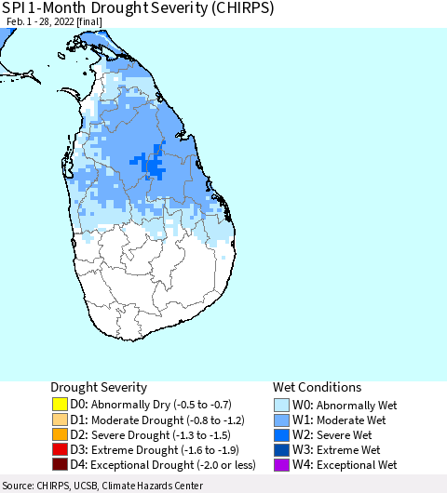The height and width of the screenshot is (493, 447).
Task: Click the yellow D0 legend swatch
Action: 59,405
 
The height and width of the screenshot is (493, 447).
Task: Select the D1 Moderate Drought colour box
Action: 59,420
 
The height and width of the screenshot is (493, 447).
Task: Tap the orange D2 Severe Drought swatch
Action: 59,434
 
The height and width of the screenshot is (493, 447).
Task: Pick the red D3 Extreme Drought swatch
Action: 59,449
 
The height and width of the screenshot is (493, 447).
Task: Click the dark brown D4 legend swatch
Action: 59,464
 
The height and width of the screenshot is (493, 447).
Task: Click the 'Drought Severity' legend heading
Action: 98,387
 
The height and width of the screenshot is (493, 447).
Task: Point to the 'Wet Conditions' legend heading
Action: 317,387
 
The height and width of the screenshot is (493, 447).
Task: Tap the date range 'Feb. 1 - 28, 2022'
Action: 46,24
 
